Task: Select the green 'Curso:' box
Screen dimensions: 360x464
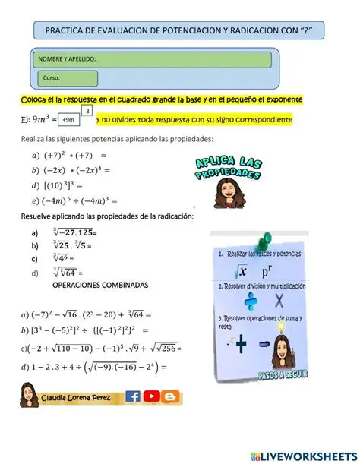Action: click(68, 78)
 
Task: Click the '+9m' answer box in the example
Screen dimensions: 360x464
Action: click(69, 120)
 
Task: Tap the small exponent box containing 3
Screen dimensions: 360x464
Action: click(90, 112)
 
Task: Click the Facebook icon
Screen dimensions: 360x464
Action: click(132, 396)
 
